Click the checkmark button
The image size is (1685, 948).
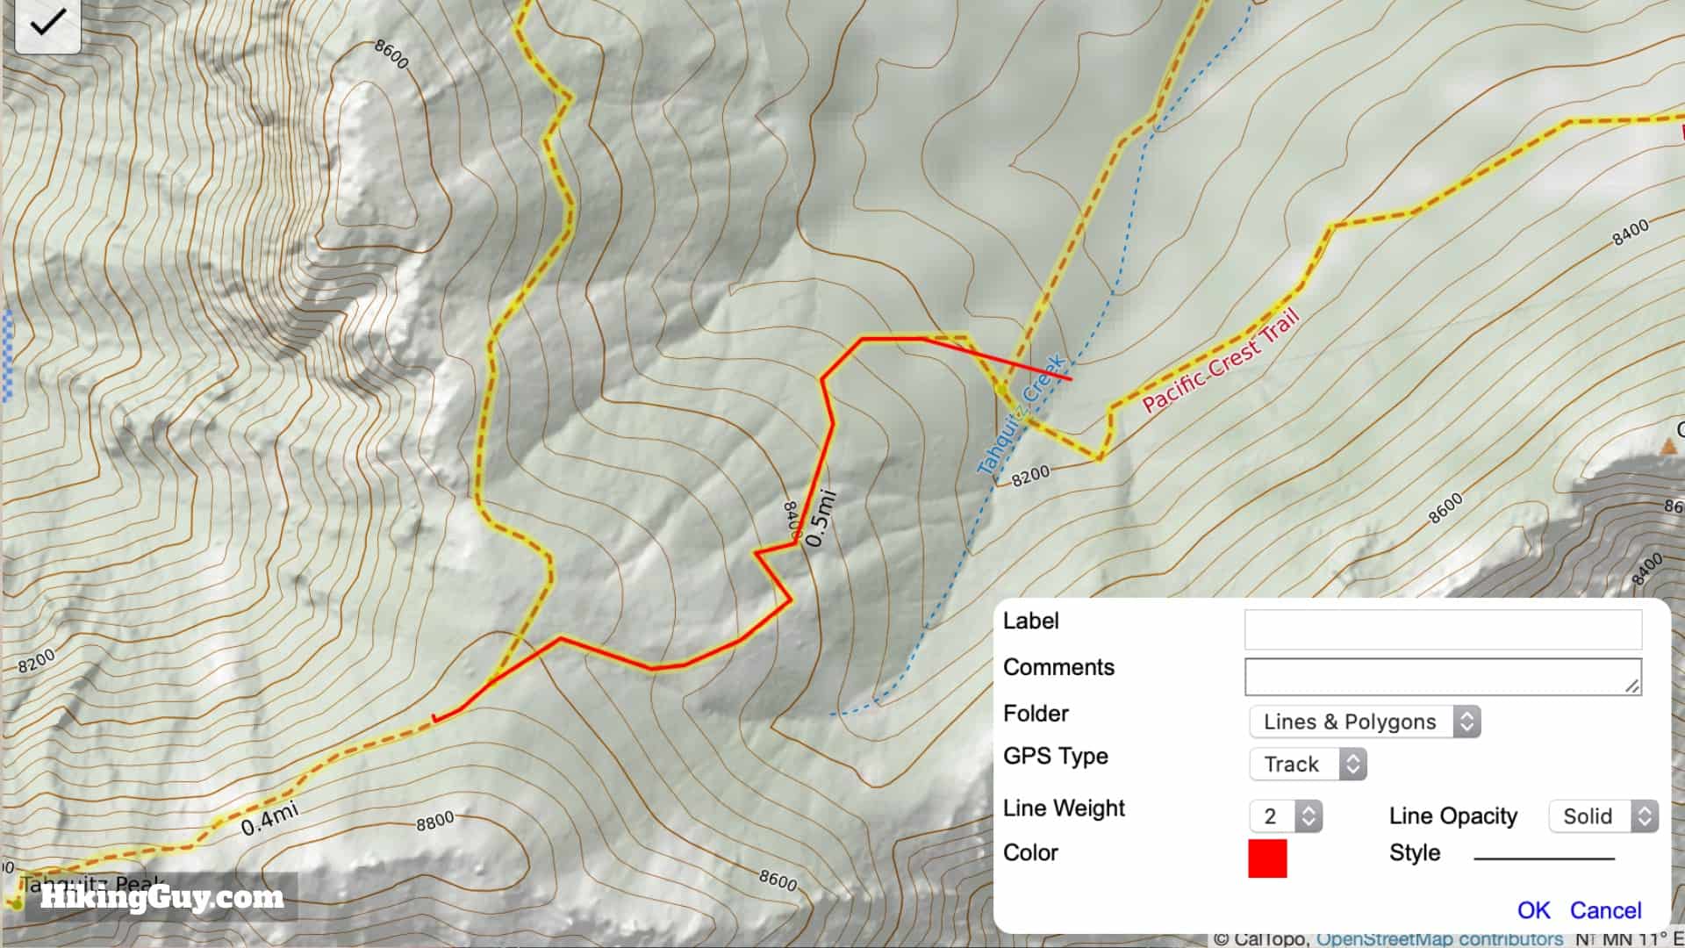[47, 24]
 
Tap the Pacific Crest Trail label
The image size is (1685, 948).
[1220, 362]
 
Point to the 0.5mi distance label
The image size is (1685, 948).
[821, 519]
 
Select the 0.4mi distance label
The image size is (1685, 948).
[269, 818]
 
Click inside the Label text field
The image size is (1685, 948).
[1442, 629]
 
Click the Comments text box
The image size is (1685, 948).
[1442, 676]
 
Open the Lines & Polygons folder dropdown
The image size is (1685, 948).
[1364, 722]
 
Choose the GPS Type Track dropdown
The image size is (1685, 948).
[1308, 765]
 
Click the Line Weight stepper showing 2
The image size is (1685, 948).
[1285, 816]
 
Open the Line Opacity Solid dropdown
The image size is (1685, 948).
[1603, 816]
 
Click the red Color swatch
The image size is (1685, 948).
[1267, 858]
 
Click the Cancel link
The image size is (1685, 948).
[1605, 910]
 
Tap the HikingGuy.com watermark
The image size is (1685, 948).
[161, 897]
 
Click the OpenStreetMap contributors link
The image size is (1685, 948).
[1439, 938]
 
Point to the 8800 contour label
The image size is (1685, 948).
[434, 821]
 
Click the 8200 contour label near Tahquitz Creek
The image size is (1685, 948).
[1029, 476]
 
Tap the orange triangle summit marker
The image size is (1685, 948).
[1668, 448]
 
